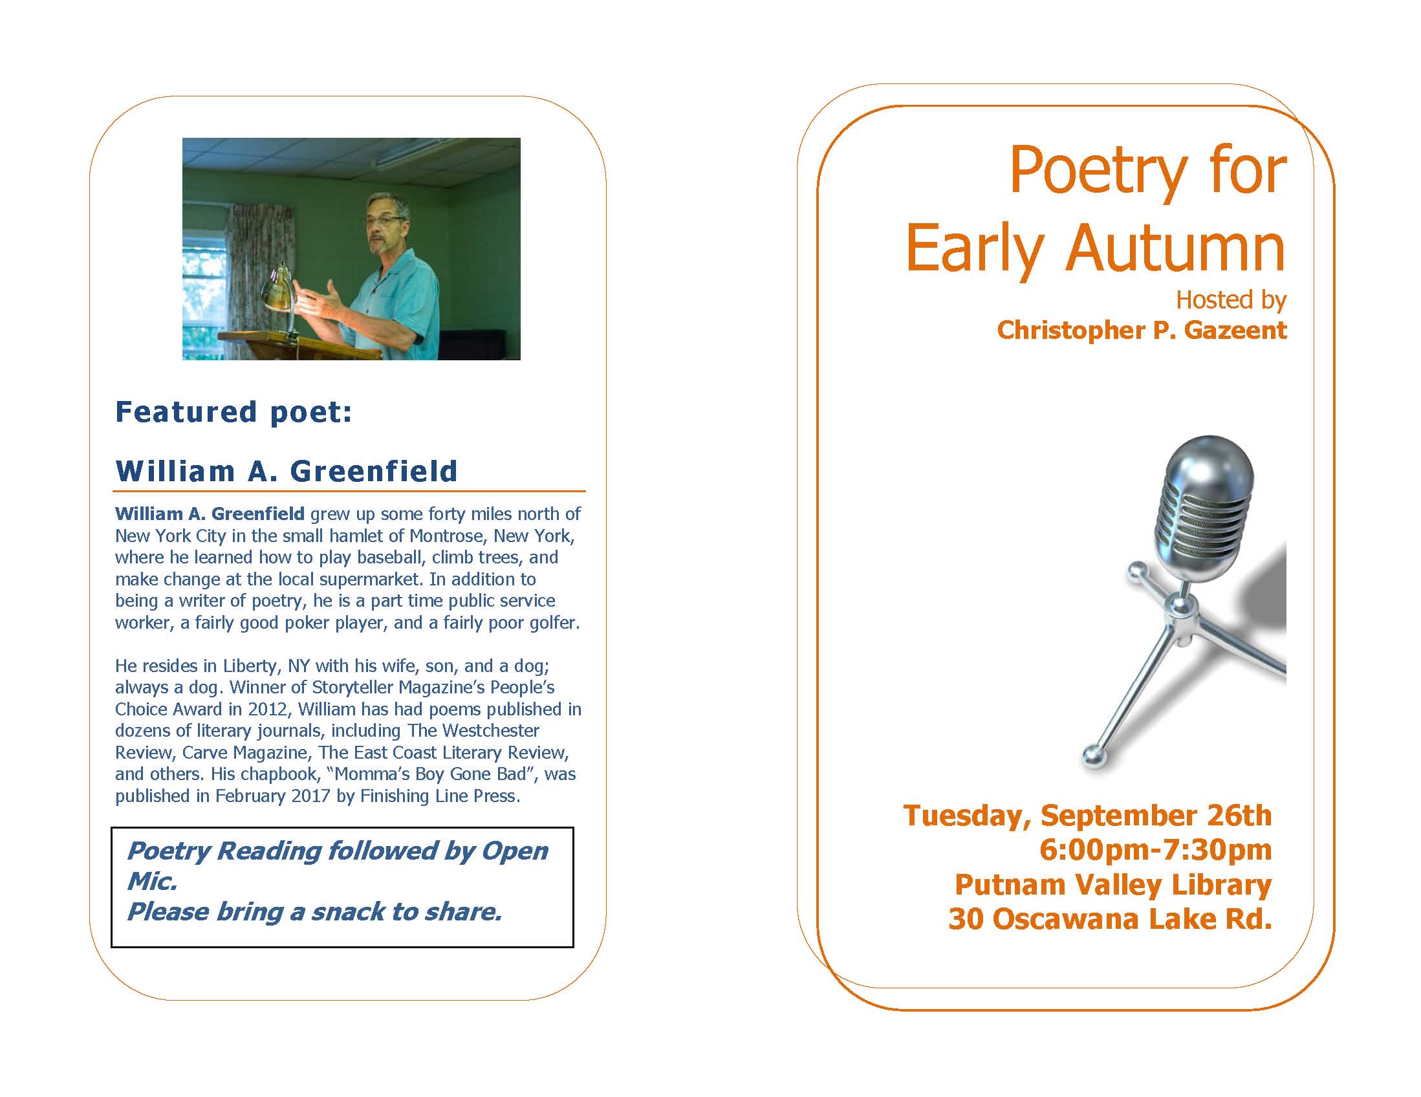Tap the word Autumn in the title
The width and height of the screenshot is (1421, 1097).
(1175, 248)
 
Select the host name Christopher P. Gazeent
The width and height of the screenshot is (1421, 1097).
(1142, 331)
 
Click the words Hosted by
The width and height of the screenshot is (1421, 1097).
(1231, 300)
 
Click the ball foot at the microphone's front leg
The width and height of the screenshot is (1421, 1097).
(1093, 756)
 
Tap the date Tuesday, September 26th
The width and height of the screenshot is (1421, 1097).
(1087, 816)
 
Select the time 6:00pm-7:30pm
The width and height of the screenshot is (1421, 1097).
(1156, 850)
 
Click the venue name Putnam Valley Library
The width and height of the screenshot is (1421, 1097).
(1113, 885)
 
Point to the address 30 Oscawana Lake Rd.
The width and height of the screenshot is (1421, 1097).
(1110, 918)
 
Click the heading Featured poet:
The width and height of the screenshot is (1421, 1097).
(233, 413)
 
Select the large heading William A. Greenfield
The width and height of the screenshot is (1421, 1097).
(287, 470)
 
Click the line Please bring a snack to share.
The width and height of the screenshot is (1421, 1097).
(314, 912)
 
